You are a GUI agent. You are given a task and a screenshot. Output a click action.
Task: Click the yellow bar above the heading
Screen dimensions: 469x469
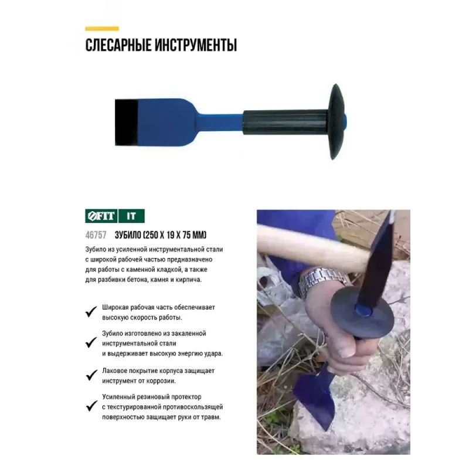click(x=102, y=29)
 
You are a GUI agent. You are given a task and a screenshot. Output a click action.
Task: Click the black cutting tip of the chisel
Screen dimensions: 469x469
click(x=126, y=123)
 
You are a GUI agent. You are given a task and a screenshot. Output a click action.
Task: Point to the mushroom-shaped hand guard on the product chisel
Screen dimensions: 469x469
click(x=337, y=121)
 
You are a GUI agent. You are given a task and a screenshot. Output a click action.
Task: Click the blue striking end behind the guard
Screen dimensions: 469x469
click(x=345, y=121)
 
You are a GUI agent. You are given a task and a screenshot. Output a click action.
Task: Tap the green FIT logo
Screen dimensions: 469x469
click(x=101, y=216)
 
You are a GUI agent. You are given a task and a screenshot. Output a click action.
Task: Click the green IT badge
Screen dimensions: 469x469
click(x=131, y=216)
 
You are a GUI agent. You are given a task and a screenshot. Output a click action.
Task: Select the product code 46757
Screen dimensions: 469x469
click(x=96, y=235)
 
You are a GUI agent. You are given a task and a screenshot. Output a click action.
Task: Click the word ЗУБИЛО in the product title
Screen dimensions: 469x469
click(x=128, y=235)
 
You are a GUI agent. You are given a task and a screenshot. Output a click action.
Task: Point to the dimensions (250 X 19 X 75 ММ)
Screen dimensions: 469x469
click(x=175, y=235)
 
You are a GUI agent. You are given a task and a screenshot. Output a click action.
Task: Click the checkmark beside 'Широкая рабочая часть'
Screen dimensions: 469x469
click(x=91, y=312)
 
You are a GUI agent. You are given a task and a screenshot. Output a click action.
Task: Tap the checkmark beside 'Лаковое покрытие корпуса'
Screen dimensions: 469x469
click(x=91, y=375)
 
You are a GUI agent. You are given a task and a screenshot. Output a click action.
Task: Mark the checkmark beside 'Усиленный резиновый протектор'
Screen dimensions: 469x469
click(x=91, y=406)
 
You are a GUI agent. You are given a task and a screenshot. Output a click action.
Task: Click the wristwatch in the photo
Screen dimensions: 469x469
click(x=322, y=280)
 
